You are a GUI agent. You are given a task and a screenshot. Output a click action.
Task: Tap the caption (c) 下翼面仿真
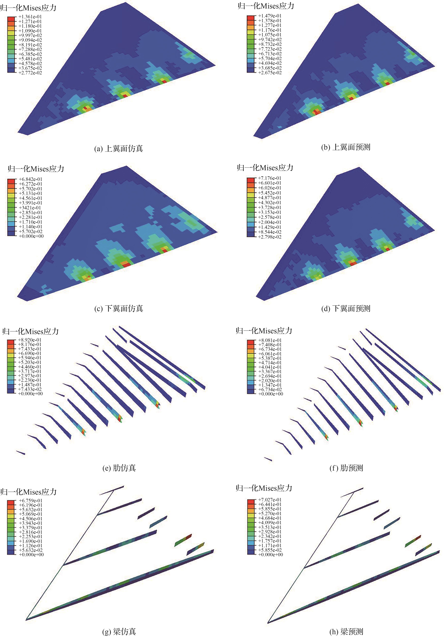coord(119,308)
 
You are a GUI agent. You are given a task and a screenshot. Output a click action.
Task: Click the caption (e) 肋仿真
coord(119,468)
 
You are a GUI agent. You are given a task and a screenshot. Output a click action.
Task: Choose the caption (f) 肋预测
coord(346,468)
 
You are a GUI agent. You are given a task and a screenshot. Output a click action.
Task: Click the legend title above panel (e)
coord(31,331)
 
